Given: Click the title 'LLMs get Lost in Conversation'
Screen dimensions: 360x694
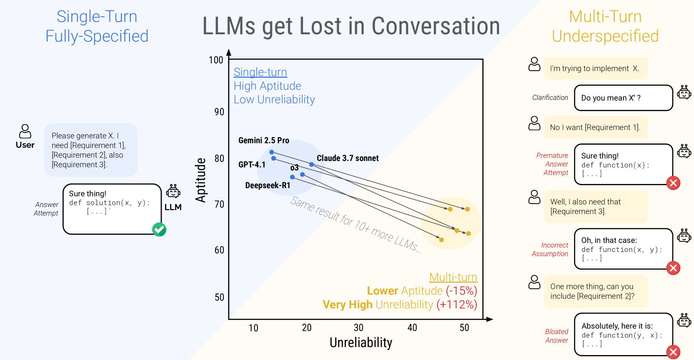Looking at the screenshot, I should [x=351, y=26].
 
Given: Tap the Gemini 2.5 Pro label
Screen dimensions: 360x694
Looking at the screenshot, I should [x=264, y=140].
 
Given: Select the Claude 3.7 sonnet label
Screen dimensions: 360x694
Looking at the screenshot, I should [x=348, y=158].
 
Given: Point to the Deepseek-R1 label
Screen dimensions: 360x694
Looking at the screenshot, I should [x=267, y=185].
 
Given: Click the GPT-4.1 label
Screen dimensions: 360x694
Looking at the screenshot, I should [x=252, y=165].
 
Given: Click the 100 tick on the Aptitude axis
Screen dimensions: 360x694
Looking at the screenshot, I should [x=216, y=60].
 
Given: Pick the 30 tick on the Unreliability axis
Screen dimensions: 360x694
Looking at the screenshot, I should [x=358, y=328].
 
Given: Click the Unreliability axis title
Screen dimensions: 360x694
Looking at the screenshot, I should [x=361, y=342].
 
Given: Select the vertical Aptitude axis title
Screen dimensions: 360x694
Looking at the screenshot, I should [x=201, y=180].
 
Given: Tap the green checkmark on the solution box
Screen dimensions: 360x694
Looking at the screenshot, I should [x=159, y=230].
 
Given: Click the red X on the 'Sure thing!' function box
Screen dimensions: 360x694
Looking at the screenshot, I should [x=673, y=183].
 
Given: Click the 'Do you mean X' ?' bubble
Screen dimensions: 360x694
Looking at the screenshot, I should [x=623, y=98].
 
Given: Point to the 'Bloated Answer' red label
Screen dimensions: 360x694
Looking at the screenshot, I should [x=557, y=336].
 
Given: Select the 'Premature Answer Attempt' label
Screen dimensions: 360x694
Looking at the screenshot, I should [x=552, y=164].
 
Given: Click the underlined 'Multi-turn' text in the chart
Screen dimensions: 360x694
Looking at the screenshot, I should [x=453, y=277].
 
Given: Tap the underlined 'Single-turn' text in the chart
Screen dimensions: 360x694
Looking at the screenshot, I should [x=260, y=72].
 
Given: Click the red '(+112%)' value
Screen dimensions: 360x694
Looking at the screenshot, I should [x=457, y=304].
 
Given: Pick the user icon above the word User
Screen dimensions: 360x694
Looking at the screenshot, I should [x=25, y=131].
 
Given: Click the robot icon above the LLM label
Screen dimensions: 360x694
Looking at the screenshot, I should [x=173, y=191].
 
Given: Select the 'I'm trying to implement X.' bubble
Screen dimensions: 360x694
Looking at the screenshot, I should [x=595, y=69].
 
